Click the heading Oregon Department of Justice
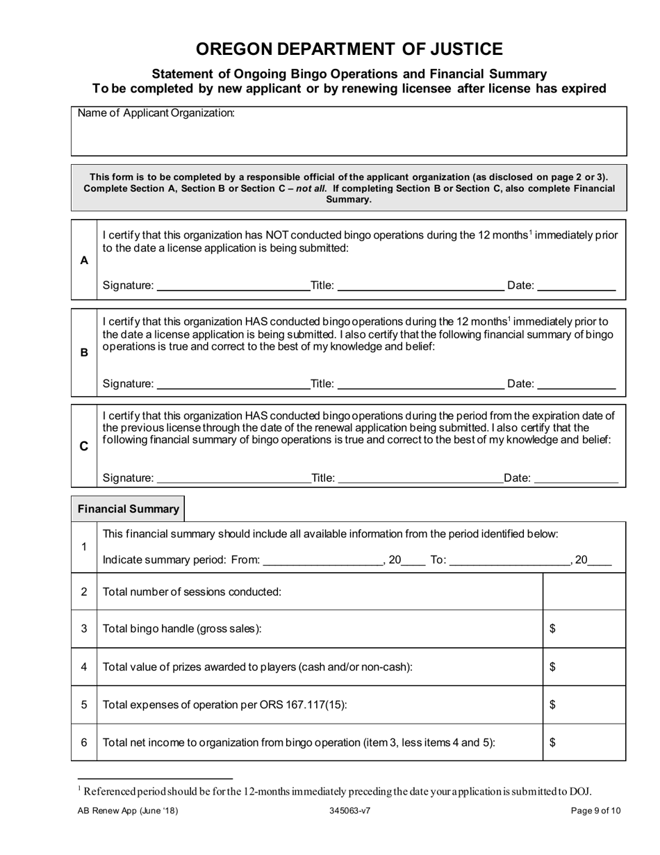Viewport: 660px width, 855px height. point(349,49)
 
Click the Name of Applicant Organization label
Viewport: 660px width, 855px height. point(156,113)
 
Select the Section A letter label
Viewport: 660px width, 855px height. point(84,260)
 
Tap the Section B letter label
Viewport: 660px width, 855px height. point(84,352)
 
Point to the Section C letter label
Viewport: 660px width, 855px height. point(84,446)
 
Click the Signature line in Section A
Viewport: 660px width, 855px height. point(233,286)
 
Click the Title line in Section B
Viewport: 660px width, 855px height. point(420,384)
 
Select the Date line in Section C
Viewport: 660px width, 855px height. point(576,479)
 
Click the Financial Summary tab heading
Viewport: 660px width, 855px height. point(129,509)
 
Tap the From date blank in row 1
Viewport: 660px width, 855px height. point(323,561)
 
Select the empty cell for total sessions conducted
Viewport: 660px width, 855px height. point(584,592)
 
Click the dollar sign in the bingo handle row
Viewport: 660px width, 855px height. point(552,629)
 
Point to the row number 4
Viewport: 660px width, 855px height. point(84,667)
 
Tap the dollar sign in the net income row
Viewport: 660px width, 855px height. point(552,742)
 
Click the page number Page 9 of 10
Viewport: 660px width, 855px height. point(595,811)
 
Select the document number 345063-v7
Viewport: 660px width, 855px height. point(350,811)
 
